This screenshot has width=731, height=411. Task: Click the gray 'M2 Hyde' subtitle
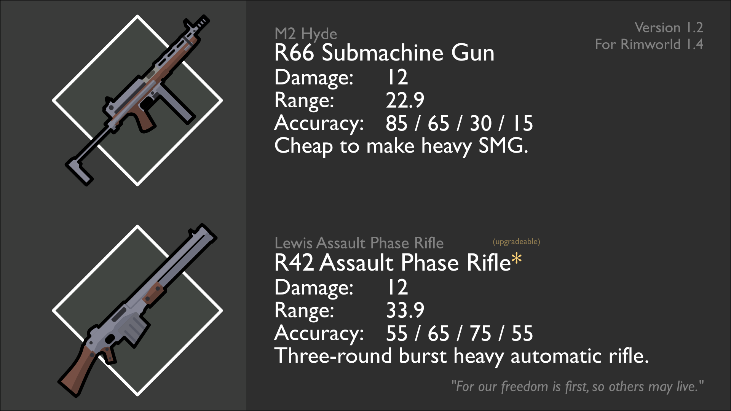[306, 34]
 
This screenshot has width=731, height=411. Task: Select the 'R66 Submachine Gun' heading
[384, 53]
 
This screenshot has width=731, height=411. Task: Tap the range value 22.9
[405, 100]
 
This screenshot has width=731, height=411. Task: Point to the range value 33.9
[405, 310]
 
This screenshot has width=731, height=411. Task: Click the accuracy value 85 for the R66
[396, 123]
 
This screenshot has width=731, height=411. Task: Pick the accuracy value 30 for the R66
[480, 123]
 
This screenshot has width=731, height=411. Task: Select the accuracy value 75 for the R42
[480, 333]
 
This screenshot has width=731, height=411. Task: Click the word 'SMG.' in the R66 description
[503, 146]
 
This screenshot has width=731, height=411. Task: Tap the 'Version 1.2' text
[669, 27]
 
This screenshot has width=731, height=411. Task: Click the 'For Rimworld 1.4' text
[649, 44]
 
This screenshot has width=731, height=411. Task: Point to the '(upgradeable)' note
[516, 242]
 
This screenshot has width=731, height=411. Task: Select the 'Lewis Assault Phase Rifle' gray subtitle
[359, 243]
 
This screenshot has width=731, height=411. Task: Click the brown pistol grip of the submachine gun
[144, 120]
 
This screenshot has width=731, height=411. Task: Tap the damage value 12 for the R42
[397, 287]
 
